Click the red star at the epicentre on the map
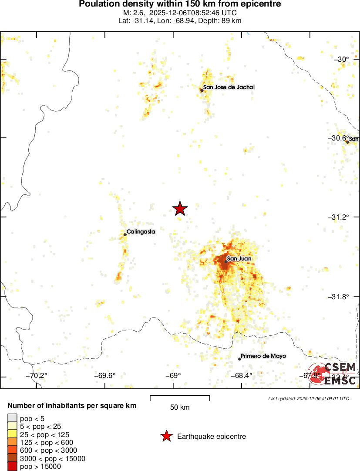point(180,209)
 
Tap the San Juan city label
point(239,259)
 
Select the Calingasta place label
point(141,232)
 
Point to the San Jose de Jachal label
point(229,87)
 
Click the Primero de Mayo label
point(263,356)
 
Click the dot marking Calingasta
point(125,235)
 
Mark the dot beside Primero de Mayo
point(239,359)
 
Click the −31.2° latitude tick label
point(338,217)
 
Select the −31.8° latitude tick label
point(338,297)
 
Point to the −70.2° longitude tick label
point(37,376)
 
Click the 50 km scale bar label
point(180,408)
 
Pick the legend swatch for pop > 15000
point(12,467)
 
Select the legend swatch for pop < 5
point(12,418)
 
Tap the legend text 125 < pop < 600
point(44,442)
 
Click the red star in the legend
point(166,436)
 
